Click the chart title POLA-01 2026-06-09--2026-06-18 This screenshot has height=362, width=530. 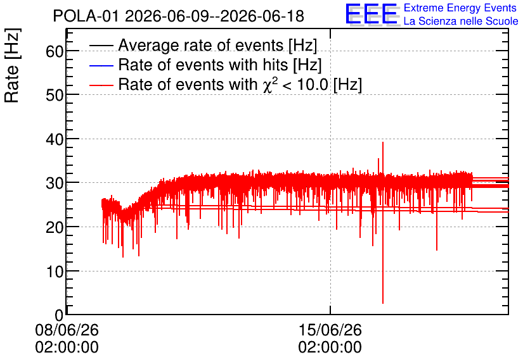(x=179, y=16)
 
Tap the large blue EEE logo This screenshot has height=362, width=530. (x=372, y=14)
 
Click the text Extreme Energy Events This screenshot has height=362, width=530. (x=460, y=8)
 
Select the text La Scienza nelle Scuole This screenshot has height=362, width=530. (x=461, y=22)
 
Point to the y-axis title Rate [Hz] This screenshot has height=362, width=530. (x=12, y=65)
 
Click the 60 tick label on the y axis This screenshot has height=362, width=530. (x=55, y=51)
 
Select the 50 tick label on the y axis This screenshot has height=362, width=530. (x=55, y=95)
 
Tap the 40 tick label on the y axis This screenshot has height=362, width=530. (x=55, y=139)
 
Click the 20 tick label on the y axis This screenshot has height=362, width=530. (x=55, y=227)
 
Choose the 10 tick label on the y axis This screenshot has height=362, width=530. (x=55, y=271)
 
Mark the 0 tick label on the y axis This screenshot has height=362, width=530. (x=59, y=315)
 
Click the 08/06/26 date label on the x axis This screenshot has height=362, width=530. (x=67, y=330)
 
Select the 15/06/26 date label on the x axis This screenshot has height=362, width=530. (x=330, y=330)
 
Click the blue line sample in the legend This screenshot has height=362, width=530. (x=101, y=65)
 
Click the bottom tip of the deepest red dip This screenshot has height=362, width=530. (x=383, y=303)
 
